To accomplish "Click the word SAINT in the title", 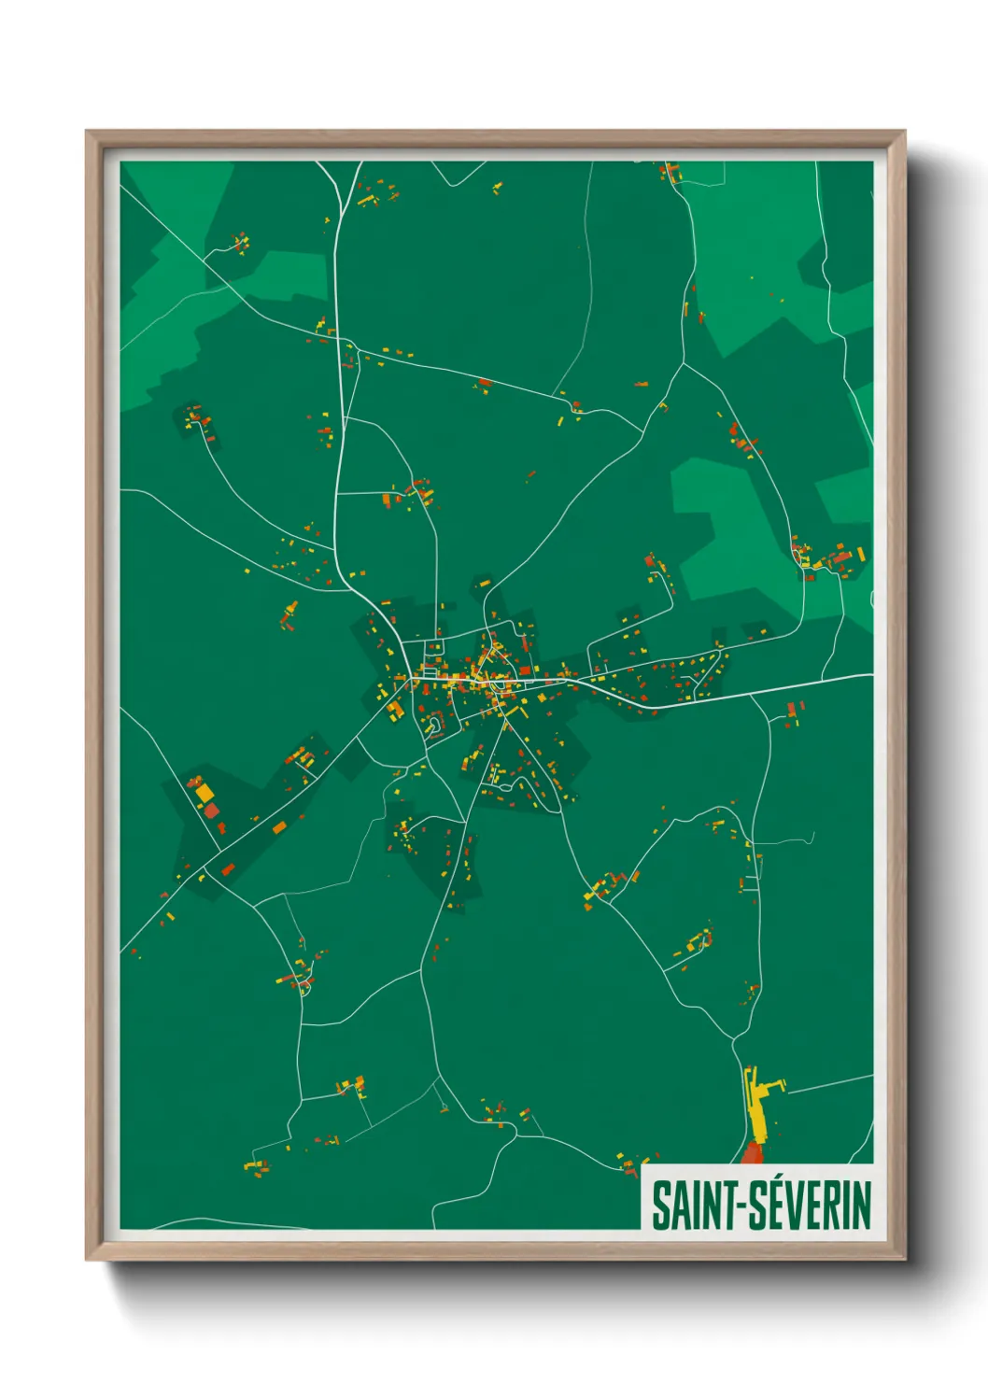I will tap(691, 1206).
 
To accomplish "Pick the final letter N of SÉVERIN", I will tap(861, 1206).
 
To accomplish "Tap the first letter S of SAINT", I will tap(660, 1206).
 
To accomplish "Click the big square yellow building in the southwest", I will tap(205, 794).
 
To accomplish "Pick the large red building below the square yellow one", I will tap(212, 811).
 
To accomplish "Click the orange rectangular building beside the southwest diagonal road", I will tap(279, 825).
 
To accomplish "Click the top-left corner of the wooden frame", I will tap(87, 132).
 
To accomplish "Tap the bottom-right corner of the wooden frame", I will tap(904, 1259).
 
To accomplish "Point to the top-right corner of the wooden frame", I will tap(904, 132).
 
